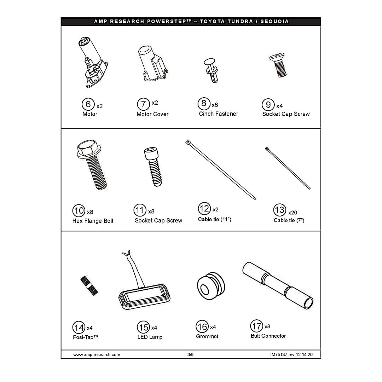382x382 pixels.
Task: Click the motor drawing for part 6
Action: [93, 63]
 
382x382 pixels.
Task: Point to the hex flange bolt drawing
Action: [91, 164]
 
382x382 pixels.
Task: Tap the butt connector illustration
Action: [278, 285]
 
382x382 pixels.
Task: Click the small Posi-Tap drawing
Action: [89, 286]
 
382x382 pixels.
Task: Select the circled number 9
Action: [268, 105]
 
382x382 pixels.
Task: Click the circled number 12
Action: [204, 209]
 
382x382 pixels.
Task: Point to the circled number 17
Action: [256, 326]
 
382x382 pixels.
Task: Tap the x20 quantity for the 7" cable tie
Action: [293, 213]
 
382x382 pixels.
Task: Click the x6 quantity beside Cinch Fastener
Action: [215, 105]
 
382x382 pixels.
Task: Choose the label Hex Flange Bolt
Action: [93, 221]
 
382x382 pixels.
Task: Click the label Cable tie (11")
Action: [214, 219]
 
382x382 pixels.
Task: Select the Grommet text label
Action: [207, 336]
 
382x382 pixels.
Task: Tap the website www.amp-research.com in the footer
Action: [97, 355]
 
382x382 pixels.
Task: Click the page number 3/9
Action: [191, 355]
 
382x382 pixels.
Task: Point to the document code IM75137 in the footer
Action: [279, 355]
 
